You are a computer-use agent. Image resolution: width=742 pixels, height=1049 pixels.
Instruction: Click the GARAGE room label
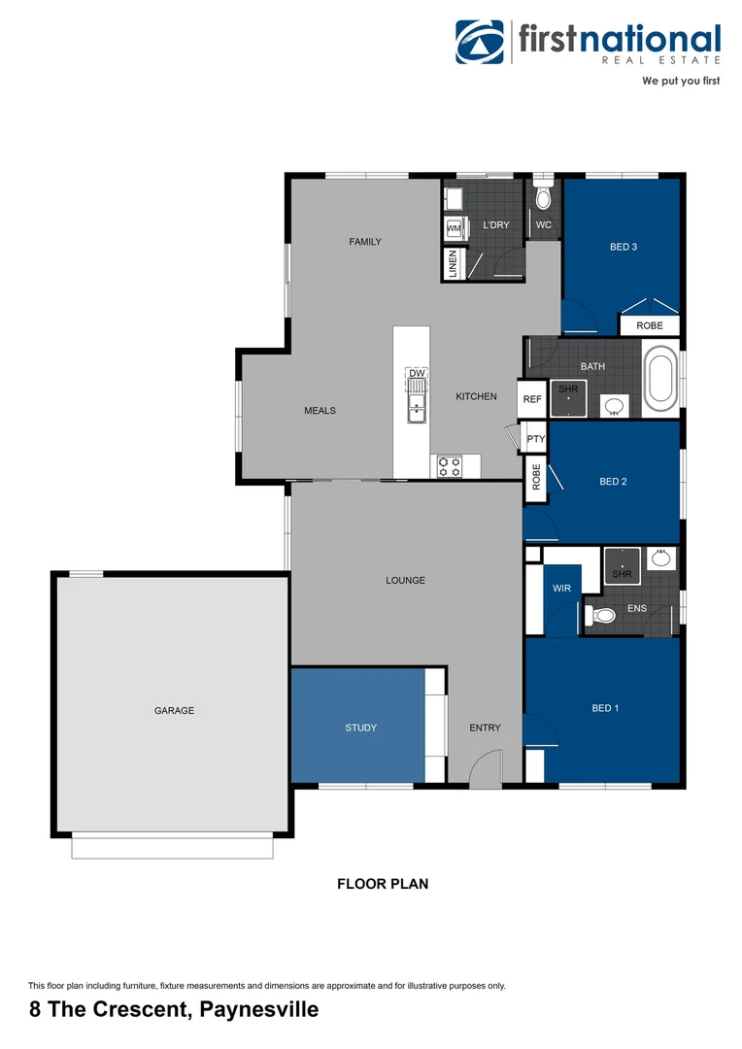click(174, 710)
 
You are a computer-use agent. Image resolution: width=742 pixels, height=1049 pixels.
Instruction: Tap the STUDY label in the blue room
click(360, 728)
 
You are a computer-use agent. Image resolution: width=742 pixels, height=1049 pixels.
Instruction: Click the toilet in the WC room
click(543, 198)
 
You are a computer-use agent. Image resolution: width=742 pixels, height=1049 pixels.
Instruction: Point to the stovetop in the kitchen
click(449, 466)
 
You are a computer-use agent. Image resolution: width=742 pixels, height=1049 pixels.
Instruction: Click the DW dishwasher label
click(417, 374)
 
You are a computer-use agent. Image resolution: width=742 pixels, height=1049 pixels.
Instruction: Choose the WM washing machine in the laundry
click(454, 228)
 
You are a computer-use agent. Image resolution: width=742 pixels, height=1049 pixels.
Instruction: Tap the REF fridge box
click(532, 399)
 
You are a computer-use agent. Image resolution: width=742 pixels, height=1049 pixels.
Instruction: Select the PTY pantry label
click(535, 439)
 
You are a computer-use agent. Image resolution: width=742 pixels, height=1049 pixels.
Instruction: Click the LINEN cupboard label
click(453, 264)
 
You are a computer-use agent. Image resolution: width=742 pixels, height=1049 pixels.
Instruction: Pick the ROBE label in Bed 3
click(650, 326)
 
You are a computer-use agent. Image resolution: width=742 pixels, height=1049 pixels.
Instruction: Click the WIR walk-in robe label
click(561, 589)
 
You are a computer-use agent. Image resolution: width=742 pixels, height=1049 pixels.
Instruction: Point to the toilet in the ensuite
click(602, 615)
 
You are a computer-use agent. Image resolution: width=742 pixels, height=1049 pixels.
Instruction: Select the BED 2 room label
click(613, 482)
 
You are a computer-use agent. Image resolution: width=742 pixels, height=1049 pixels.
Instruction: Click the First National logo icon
click(480, 43)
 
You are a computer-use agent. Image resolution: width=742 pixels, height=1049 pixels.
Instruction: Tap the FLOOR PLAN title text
click(383, 884)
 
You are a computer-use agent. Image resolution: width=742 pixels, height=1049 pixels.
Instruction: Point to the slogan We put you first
click(681, 82)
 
